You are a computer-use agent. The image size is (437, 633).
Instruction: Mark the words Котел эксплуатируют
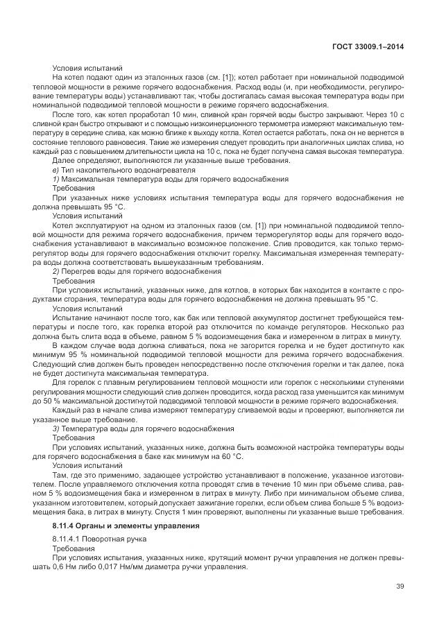click(x=91, y=226)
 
